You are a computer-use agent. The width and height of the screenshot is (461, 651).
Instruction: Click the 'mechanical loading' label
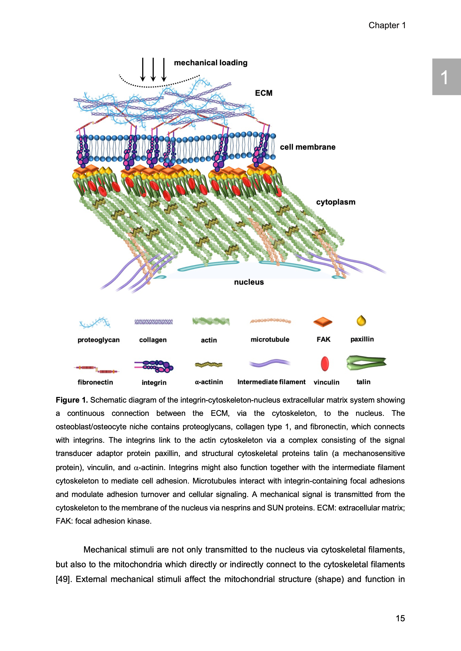pyautogui.click(x=210, y=63)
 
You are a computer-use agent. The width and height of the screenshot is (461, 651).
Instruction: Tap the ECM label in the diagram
pyautogui.click(x=263, y=93)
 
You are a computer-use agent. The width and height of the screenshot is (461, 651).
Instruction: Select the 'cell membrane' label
pyautogui.click(x=307, y=147)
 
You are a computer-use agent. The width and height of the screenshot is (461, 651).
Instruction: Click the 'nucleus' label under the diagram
pyautogui.click(x=249, y=282)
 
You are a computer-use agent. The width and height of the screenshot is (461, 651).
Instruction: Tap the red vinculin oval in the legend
pyautogui.click(x=325, y=364)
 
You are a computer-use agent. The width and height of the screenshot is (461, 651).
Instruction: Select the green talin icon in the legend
pyautogui.click(x=366, y=363)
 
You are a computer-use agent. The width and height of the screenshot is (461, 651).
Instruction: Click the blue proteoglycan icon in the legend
pyautogui.click(x=95, y=323)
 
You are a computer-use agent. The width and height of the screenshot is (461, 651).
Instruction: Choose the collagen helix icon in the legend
pyautogui.click(x=153, y=322)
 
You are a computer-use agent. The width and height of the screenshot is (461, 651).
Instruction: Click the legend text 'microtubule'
pyautogui.click(x=270, y=339)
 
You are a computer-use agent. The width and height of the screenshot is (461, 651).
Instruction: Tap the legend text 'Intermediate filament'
pyautogui.click(x=271, y=382)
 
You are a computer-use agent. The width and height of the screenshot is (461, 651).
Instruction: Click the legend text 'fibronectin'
pyautogui.click(x=95, y=382)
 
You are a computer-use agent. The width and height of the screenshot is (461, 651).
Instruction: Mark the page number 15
pyautogui.click(x=400, y=618)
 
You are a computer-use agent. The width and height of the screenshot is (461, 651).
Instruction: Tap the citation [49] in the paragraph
pyautogui.click(x=64, y=579)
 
